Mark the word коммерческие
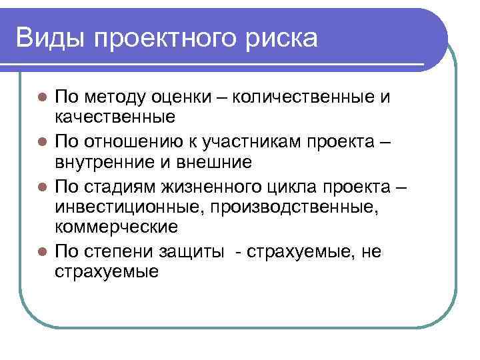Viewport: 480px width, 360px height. click(116, 227)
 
